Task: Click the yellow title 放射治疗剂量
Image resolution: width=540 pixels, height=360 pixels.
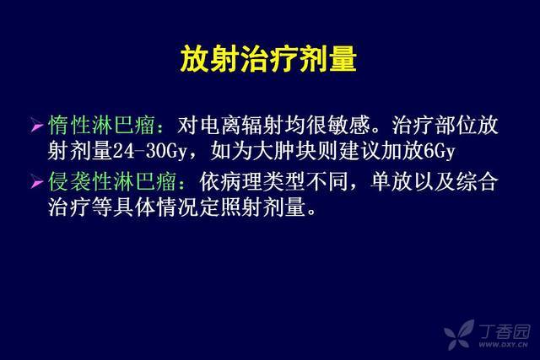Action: point(268,59)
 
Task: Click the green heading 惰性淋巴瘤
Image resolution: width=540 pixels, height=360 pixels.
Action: point(101,125)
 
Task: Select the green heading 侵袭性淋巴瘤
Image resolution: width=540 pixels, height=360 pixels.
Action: point(112,182)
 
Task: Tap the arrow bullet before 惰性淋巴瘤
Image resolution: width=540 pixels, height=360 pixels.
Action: point(36,125)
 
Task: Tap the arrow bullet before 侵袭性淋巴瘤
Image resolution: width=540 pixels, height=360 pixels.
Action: point(36,181)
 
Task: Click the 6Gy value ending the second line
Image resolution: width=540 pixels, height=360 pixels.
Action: point(439,152)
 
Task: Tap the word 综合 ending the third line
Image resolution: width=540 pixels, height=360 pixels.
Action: point(477,182)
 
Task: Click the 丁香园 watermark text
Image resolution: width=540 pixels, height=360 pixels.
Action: point(505,331)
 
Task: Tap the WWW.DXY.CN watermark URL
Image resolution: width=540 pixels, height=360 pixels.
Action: point(504,345)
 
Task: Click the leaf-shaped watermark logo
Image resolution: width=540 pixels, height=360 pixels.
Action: point(459,335)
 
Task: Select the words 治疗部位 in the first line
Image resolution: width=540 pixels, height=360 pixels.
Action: point(435,125)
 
